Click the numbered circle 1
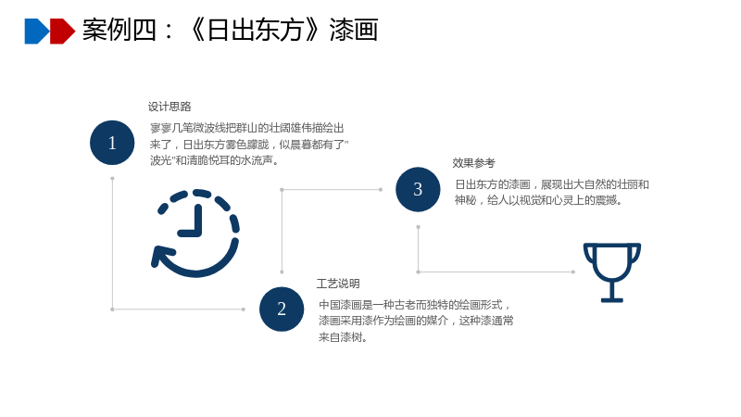pyautogui.click(x=112, y=143)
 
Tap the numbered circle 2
pyautogui.click(x=282, y=310)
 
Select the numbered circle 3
pyautogui.click(x=418, y=189)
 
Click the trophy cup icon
pyautogui.click(x=612, y=272)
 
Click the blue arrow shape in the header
pyautogui.click(x=37, y=32)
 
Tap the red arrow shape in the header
pyautogui.click(x=62, y=32)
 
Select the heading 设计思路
pyautogui.click(x=170, y=107)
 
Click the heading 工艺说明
pyautogui.click(x=338, y=284)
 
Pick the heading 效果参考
pyautogui.click(x=473, y=163)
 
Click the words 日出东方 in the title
pyautogui.click(x=256, y=31)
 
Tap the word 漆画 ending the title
pyautogui.click(x=354, y=31)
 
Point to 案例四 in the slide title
pyautogui.click(x=119, y=31)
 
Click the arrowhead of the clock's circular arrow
pyautogui.click(x=160, y=257)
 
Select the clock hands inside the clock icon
pyautogui.click(x=192, y=220)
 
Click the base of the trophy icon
pyautogui.click(x=612, y=299)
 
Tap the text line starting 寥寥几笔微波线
pyautogui.click(x=247, y=128)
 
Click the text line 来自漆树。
pyautogui.click(x=343, y=337)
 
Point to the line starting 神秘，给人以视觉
pyautogui.click(x=538, y=200)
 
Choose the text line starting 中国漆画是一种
pyautogui.click(x=414, y=305)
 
